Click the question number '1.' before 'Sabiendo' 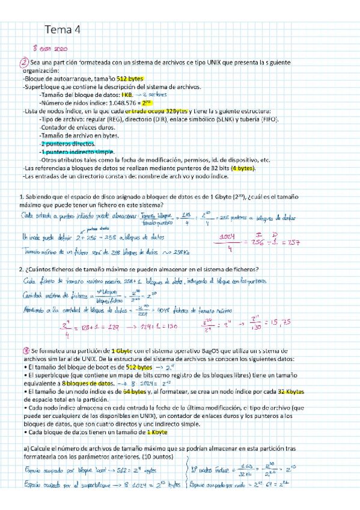click(x=21, y=197)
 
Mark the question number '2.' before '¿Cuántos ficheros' click(x=21, y=268)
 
